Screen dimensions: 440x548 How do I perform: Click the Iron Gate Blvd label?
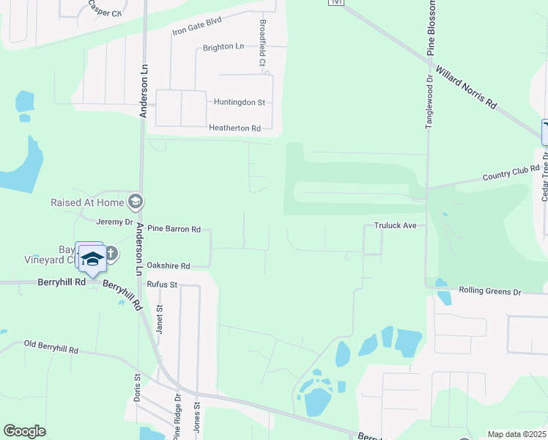click(196, 26)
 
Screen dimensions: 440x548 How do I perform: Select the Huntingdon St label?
click(240, 103)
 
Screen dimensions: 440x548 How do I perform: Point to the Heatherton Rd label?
click(235, 128)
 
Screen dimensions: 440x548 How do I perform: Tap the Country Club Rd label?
click(511, 173)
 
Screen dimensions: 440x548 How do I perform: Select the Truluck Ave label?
click(395, 225)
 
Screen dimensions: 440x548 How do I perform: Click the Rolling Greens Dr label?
click(489, 291)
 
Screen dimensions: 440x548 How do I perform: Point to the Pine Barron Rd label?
click(174, 230)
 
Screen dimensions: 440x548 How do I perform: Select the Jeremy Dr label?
click(114, 221)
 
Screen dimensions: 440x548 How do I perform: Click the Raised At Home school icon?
click(135, 201)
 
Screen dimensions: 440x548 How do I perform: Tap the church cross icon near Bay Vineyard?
click(111, 254)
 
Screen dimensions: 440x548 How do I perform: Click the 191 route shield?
click(336, 3)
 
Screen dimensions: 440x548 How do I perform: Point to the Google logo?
click(24, 431)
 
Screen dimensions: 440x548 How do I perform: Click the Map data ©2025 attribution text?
click(516, 434)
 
